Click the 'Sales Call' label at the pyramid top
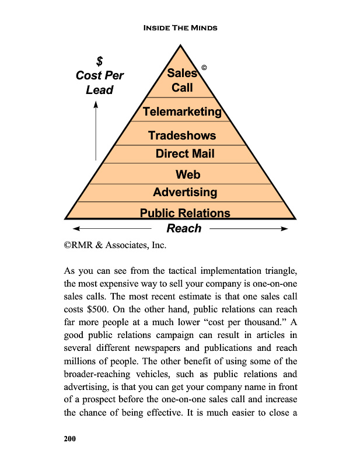[182, 81]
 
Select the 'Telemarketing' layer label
[182, 111]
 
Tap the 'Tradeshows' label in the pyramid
[182, 135]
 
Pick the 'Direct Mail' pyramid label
[185, 154]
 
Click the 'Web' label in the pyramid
[188, 174]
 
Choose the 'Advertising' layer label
[185, 192]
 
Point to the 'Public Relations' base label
[185, 213]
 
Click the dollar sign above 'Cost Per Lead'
[99, 61]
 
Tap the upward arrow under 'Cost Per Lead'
[96, 131]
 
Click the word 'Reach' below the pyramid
[184, 228]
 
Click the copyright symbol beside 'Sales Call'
[204, 68]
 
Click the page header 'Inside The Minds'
[180, 28]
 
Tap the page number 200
[71, 438]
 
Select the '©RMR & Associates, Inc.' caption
[115, 246]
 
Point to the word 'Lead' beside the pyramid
[99, 90]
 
